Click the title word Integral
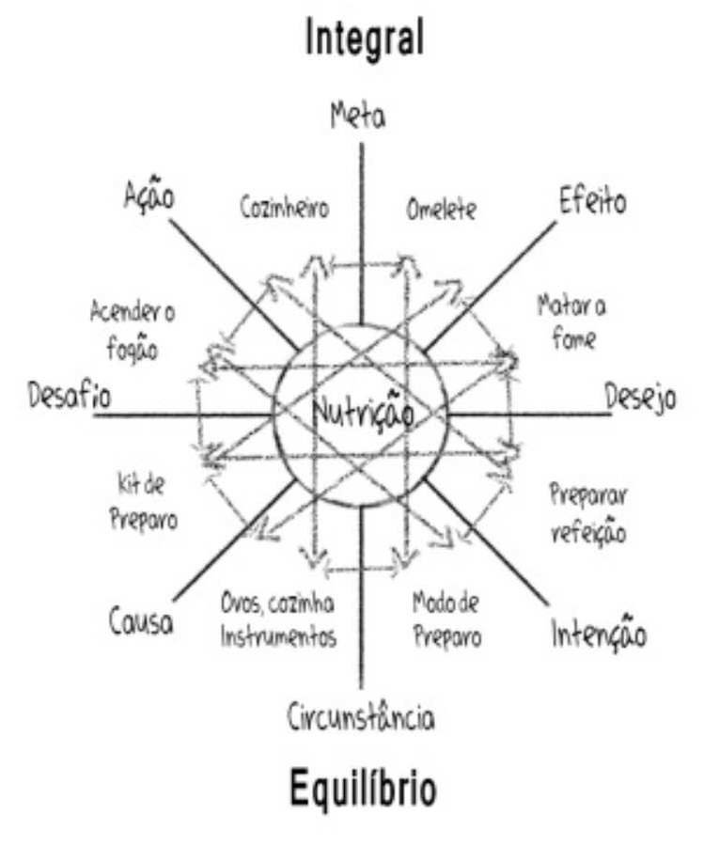point(364,39)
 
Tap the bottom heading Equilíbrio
point(362,790)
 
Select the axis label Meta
point(358,116)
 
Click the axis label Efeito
point(592,201)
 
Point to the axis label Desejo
point(639,398)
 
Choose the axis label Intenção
point(599,635)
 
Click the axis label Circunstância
point(361,718)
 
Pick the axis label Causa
point(141,621)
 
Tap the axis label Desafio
point(70,396)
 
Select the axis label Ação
point(150,195)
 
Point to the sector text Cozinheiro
point(284,208)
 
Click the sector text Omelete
point(441,210)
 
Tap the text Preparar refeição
point(587,512)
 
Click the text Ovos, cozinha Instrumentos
point(277,619)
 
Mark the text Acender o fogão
point(132,331)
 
